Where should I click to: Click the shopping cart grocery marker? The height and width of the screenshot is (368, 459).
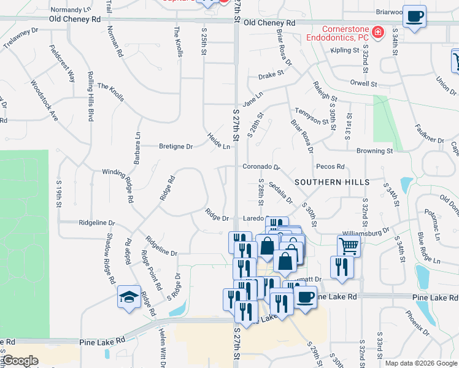pyautogui.click(x=349, y=246)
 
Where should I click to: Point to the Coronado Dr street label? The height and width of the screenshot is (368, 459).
pyautogui.click(x=261, y=166)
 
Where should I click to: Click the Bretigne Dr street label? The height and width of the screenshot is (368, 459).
pyautogui.click(x=176, y=147)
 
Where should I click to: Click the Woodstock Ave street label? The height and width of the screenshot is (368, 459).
pyautogui.click(x=44, y=101)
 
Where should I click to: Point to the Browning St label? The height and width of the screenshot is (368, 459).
pyautogui.click(x=374, y=150)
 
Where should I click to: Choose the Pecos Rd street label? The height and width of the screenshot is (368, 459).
pyautogui.click(x=330, y=166)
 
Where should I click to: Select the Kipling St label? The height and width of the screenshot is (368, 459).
pyautogui.click(x=344, y=50)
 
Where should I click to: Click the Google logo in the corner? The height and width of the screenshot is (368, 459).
pyautogui.click(x=20, y=361)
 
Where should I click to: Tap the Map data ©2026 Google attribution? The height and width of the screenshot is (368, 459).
pyautogui.click(x=420, y=363)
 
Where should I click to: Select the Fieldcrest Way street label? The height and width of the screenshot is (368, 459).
pyautogui.click(x=63, y=64)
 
